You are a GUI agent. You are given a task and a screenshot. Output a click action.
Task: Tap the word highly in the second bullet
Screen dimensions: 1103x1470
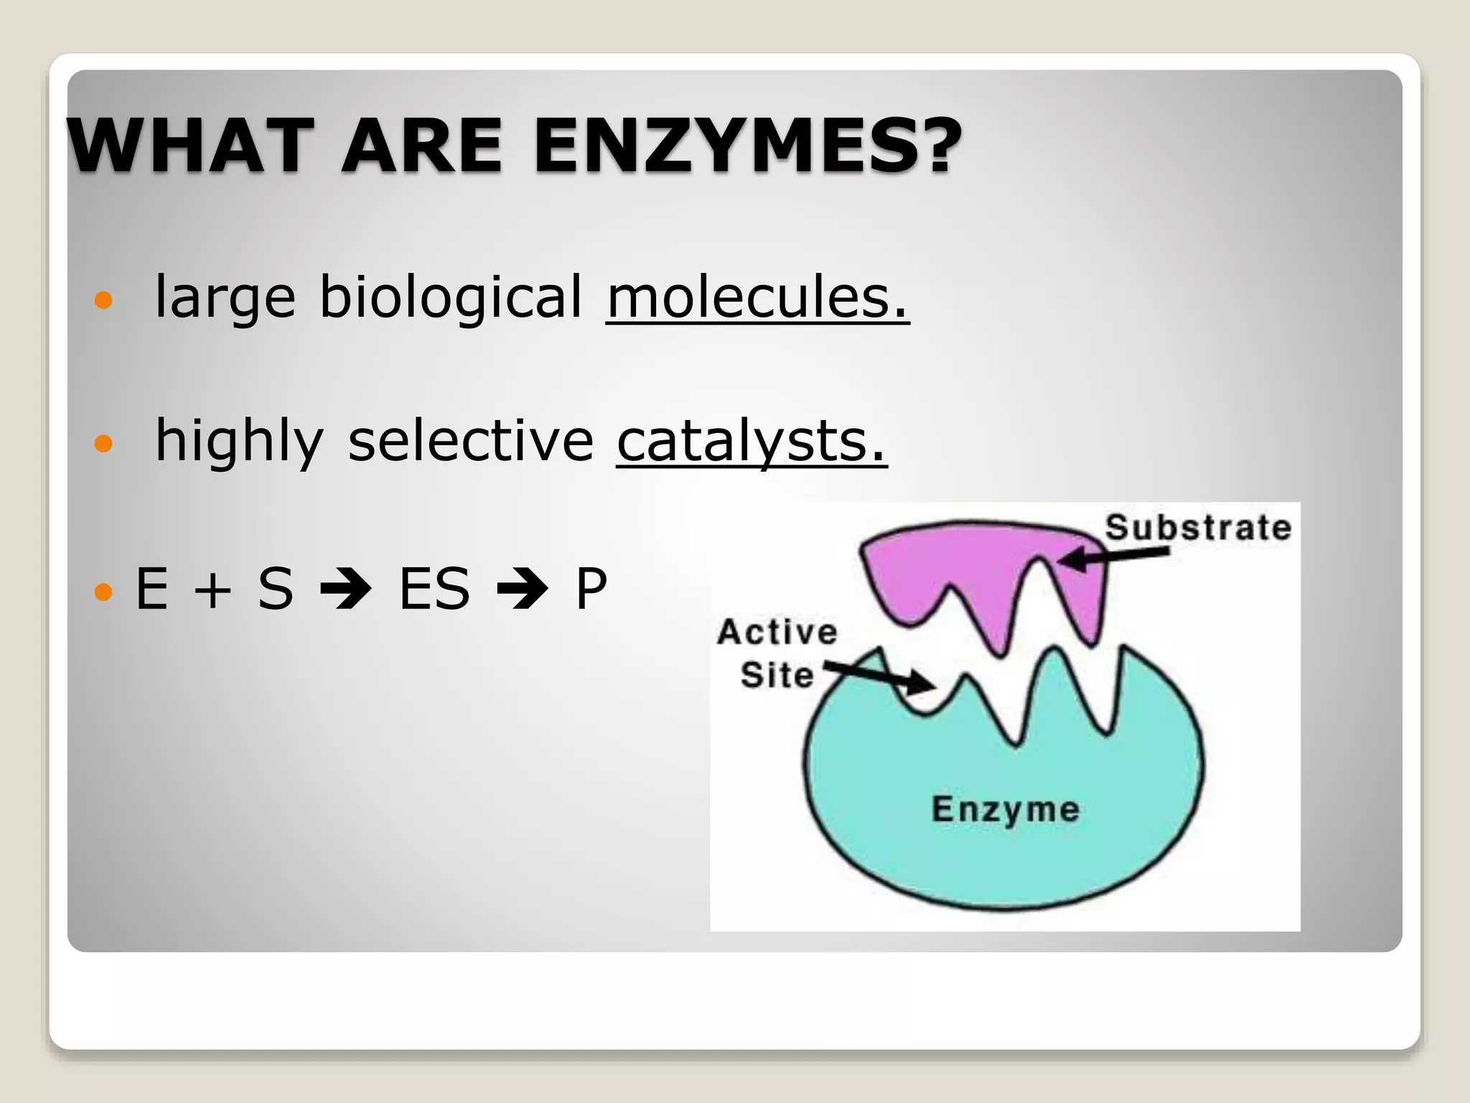pyautogui.click(x=239, y=442)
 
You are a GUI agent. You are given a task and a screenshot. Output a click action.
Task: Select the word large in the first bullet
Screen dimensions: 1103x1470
pyautogui.click(x=225, y=298)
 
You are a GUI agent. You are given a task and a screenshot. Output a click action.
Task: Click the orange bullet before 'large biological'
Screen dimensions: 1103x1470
pyautogui.click(x=104, y=300)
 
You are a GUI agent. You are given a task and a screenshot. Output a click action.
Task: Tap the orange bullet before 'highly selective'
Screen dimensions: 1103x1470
pyautogui.click(x=104, y=444)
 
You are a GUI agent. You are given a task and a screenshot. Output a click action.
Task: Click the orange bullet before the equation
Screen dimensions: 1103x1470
pyautogui.click(x=104, y=592)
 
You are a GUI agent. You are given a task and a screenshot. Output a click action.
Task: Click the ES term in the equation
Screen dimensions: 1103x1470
pyautogui.click(x=434, y=589)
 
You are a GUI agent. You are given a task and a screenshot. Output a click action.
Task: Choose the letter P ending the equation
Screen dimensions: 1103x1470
pyautogui.click(x=591, y=589)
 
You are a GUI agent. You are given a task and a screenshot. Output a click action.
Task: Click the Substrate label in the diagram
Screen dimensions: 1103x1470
pyautogui.click(x=1198, y=528)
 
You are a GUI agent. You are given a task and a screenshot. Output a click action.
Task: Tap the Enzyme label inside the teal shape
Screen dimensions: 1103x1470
pyautogui.click(x=1005, y=809)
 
